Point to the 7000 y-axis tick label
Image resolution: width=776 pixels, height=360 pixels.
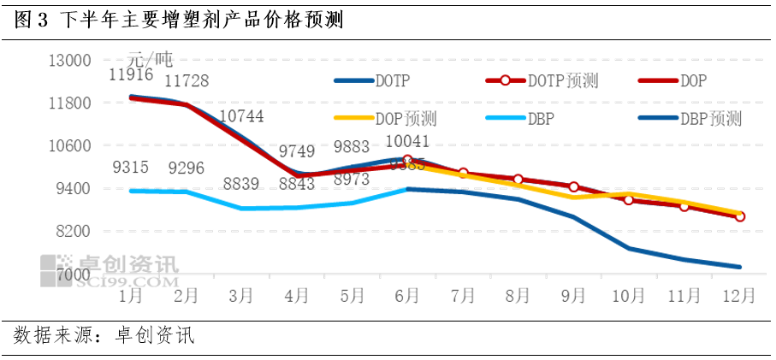pyautogui.click(x=74, y=275)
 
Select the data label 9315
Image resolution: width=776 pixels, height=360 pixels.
pyautogui.click(x=130, y=168)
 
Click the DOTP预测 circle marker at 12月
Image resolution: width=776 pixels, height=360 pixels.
pyautogui.click(x=739, y=216)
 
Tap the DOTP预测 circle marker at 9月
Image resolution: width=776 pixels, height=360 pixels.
pyautogui.click(x=573, y=186)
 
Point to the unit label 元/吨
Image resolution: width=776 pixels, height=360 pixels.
pyautogui.click(x=150, y=59)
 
